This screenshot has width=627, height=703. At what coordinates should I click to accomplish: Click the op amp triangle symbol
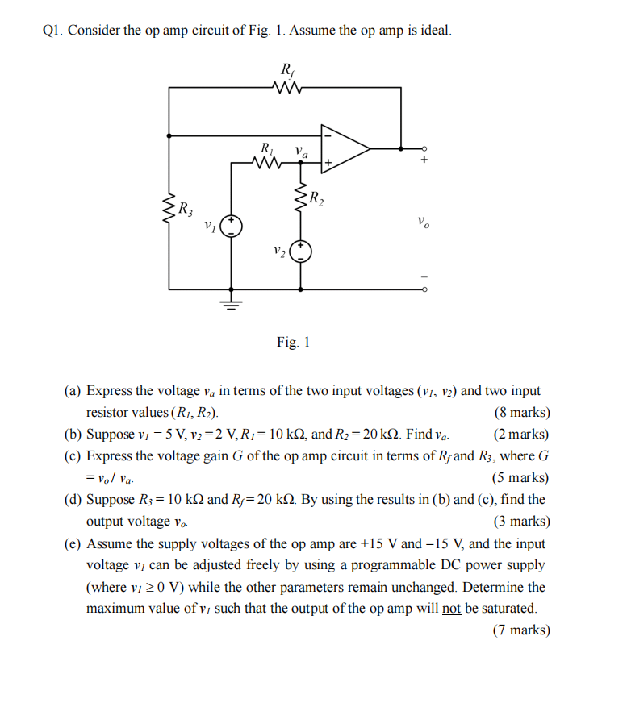click(342, 148)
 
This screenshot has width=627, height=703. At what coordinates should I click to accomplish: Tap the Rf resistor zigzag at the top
click(288, 87)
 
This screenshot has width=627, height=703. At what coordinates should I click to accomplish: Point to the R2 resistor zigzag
click(301, 196)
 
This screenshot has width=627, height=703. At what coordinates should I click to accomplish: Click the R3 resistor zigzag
click(169, 210)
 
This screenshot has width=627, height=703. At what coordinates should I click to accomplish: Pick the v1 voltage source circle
click(232, 225)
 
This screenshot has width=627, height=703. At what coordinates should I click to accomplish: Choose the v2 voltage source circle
click(301, 252)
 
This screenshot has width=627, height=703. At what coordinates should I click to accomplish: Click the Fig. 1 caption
click(293, 342)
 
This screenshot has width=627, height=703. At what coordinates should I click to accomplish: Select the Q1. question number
click(52, 31)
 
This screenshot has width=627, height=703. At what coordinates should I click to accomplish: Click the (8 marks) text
click(521, 413)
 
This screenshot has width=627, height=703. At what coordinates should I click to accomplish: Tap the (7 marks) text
click(521, 630)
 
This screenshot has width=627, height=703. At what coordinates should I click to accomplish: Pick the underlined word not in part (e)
click(450, 609)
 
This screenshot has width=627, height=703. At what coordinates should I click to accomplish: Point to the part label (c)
click(73, 456)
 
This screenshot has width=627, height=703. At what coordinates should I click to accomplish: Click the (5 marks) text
click(521, 478)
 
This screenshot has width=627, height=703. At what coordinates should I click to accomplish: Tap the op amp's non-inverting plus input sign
click(328, 163)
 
